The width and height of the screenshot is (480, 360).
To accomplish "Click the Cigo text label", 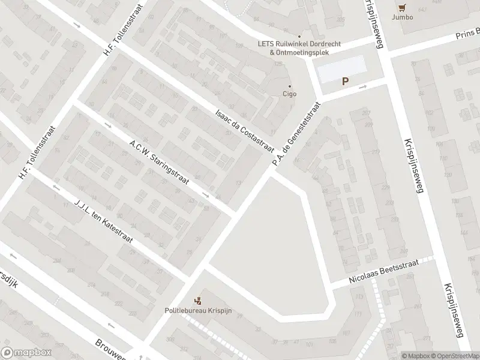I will point(290,94).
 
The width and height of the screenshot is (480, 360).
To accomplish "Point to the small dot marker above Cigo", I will point(290,86).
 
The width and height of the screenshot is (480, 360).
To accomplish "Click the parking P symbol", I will point(345,82).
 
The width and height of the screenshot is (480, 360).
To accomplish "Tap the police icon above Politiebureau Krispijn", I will point(198,300).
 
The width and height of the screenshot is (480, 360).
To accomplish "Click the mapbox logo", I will point(26,353).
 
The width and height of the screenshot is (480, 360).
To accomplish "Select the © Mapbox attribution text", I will point(416,355).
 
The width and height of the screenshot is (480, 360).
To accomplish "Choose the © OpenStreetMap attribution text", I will point(455,355).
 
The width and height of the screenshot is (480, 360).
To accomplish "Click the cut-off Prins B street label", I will point(469,34).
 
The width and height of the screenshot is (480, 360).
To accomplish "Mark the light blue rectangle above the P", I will point(341,70).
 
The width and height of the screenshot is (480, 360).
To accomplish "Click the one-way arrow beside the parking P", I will point(362,87).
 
